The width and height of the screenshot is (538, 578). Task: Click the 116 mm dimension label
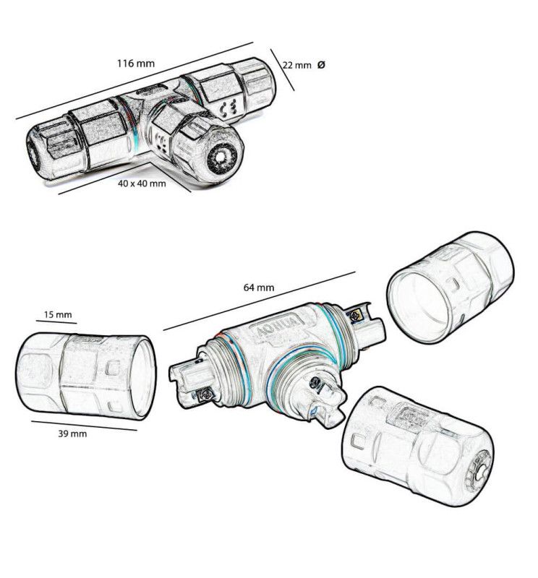click(136, 63)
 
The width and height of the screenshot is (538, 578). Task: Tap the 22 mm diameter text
click(296, 65)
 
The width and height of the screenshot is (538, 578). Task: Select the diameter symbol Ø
click(321, 64)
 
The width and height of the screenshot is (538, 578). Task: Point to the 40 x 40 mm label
click(142, 184)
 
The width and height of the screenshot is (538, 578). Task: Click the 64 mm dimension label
click(259, 287)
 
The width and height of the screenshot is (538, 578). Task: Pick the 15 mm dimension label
click(58, 315)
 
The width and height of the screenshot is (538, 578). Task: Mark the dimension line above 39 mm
click(83, 424)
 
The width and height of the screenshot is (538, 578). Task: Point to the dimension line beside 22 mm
click(283, 69)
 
